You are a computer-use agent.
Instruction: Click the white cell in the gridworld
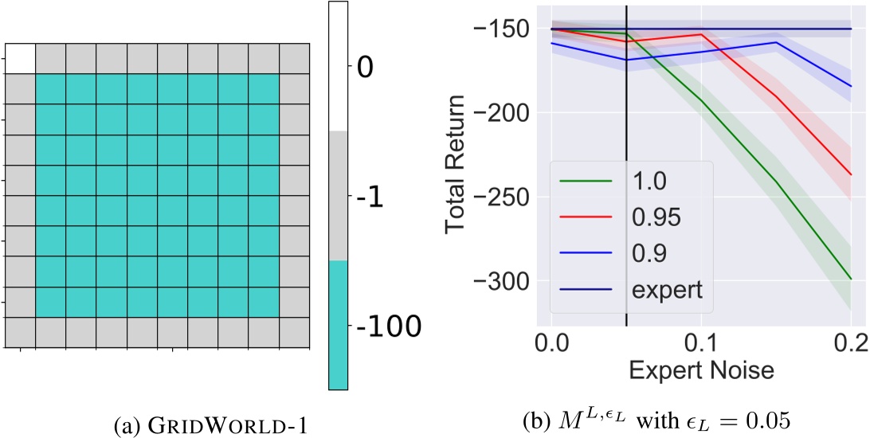click(20, 59)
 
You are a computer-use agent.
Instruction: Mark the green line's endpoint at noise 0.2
click(851, 279)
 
